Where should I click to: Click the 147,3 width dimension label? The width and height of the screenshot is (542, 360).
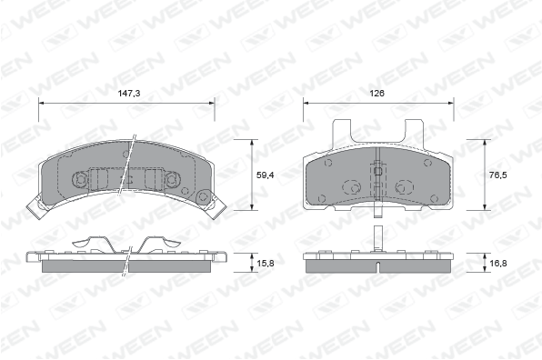click(x=129, y=94)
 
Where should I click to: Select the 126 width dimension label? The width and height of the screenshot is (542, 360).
click(x=377, y=94)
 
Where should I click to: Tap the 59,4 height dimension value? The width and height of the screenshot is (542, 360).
click(x=266, y=175)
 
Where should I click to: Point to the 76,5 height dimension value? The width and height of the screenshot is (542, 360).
click(x=498, y=175)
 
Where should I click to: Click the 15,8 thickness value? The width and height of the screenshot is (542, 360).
click(x=266, y=264)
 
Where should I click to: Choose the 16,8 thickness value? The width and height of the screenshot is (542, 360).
click(x=498, y=264)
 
